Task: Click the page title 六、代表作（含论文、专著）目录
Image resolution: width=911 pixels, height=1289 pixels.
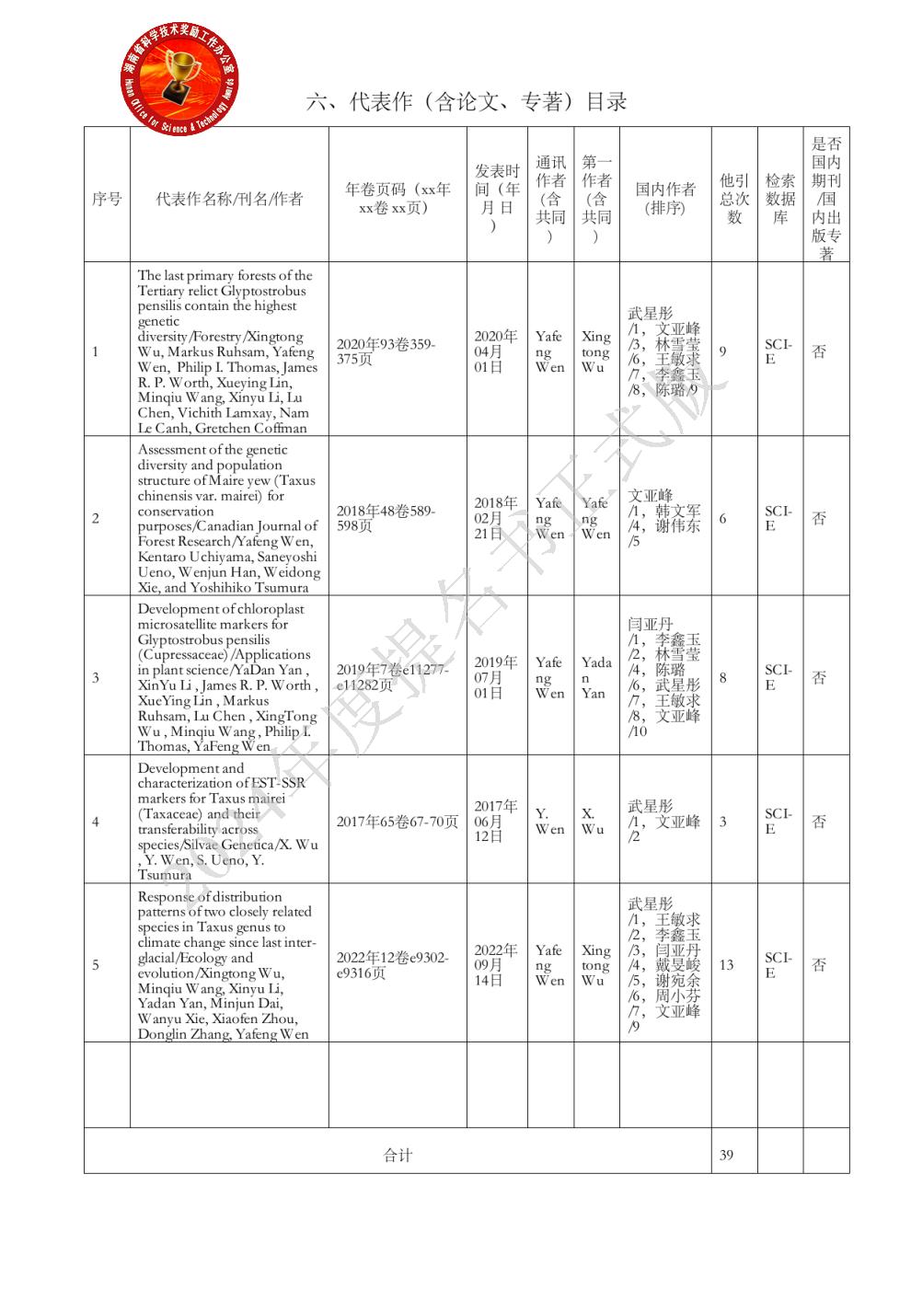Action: tap(467, 102)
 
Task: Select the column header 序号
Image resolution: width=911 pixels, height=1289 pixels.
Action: tap(107, 199)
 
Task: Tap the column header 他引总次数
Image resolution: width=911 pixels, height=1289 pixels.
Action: tap(734, 199)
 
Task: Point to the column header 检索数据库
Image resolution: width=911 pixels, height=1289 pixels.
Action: tap(780, 199)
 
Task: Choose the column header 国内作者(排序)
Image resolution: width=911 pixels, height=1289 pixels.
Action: tap(665, 199)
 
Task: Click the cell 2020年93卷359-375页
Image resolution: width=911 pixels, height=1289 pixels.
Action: tap(386, 351)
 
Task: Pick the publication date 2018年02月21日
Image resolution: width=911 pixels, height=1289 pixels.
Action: tap(495, 518)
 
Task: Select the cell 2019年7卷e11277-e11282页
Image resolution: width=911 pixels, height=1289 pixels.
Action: tap(393, 677)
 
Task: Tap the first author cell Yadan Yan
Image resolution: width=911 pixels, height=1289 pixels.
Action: tap(595, 677)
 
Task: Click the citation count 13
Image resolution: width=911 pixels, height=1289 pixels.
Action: tap(726, 965)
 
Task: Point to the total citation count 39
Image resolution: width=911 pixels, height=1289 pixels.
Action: tap(726, 1155)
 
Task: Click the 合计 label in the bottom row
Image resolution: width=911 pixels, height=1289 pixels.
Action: tap(398, 1155)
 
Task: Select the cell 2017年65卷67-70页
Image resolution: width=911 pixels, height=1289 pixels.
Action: tap(397, 822)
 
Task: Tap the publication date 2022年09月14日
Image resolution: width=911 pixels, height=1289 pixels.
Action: tap(495, 965)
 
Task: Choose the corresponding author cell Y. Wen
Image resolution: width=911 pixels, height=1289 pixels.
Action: tap(549, 822)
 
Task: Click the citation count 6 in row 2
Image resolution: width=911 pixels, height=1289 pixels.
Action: tap(722, 519)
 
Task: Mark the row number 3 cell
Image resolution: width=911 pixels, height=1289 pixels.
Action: tap(96, 678)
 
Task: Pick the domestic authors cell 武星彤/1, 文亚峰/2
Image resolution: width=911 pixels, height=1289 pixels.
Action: tap(663, 822)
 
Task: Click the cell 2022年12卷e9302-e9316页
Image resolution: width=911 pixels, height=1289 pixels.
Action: tap(393, 965)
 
